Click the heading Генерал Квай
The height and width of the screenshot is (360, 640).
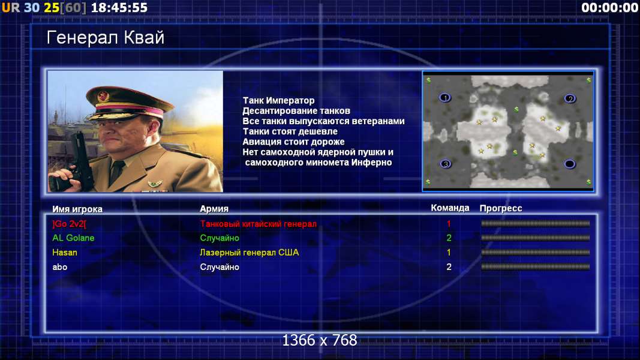coord(106,38)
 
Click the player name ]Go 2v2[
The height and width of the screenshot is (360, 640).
coord(70,224)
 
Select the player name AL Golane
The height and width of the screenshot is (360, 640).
coord(73,238)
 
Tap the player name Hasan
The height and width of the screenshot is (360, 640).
coord(65,253)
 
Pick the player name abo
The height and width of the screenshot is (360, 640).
coord(59,268)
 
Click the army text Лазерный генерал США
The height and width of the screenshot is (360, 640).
coord(250,253)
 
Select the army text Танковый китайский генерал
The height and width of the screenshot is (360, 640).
coord(259,224)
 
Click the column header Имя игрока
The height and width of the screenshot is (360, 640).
coord(77,209)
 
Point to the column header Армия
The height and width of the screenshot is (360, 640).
coord(214,209)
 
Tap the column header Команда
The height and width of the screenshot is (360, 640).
coord(450,208)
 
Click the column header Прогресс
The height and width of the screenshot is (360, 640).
coord(501,209)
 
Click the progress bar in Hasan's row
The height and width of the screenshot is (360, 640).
coord(535,253)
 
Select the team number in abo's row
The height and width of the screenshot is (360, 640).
coord(449,268)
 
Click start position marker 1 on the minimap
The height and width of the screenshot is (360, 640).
coord(445,98)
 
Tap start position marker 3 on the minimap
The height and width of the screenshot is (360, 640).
coord(445,164)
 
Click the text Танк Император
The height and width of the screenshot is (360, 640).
coord(278,100)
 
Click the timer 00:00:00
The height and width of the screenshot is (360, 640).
coord(610,8)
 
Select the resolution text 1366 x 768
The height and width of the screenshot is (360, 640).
coord(320,340)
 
